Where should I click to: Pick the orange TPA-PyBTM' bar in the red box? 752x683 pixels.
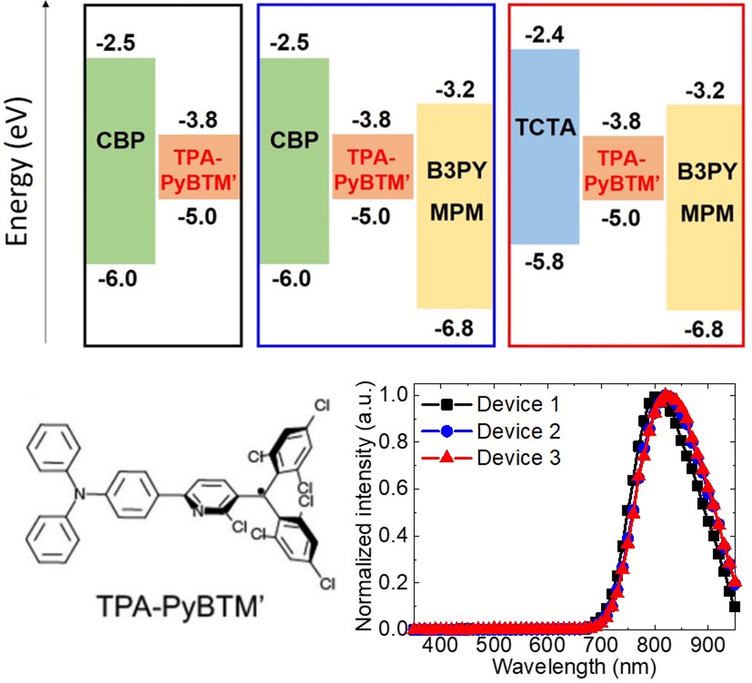[x=623, y=168]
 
